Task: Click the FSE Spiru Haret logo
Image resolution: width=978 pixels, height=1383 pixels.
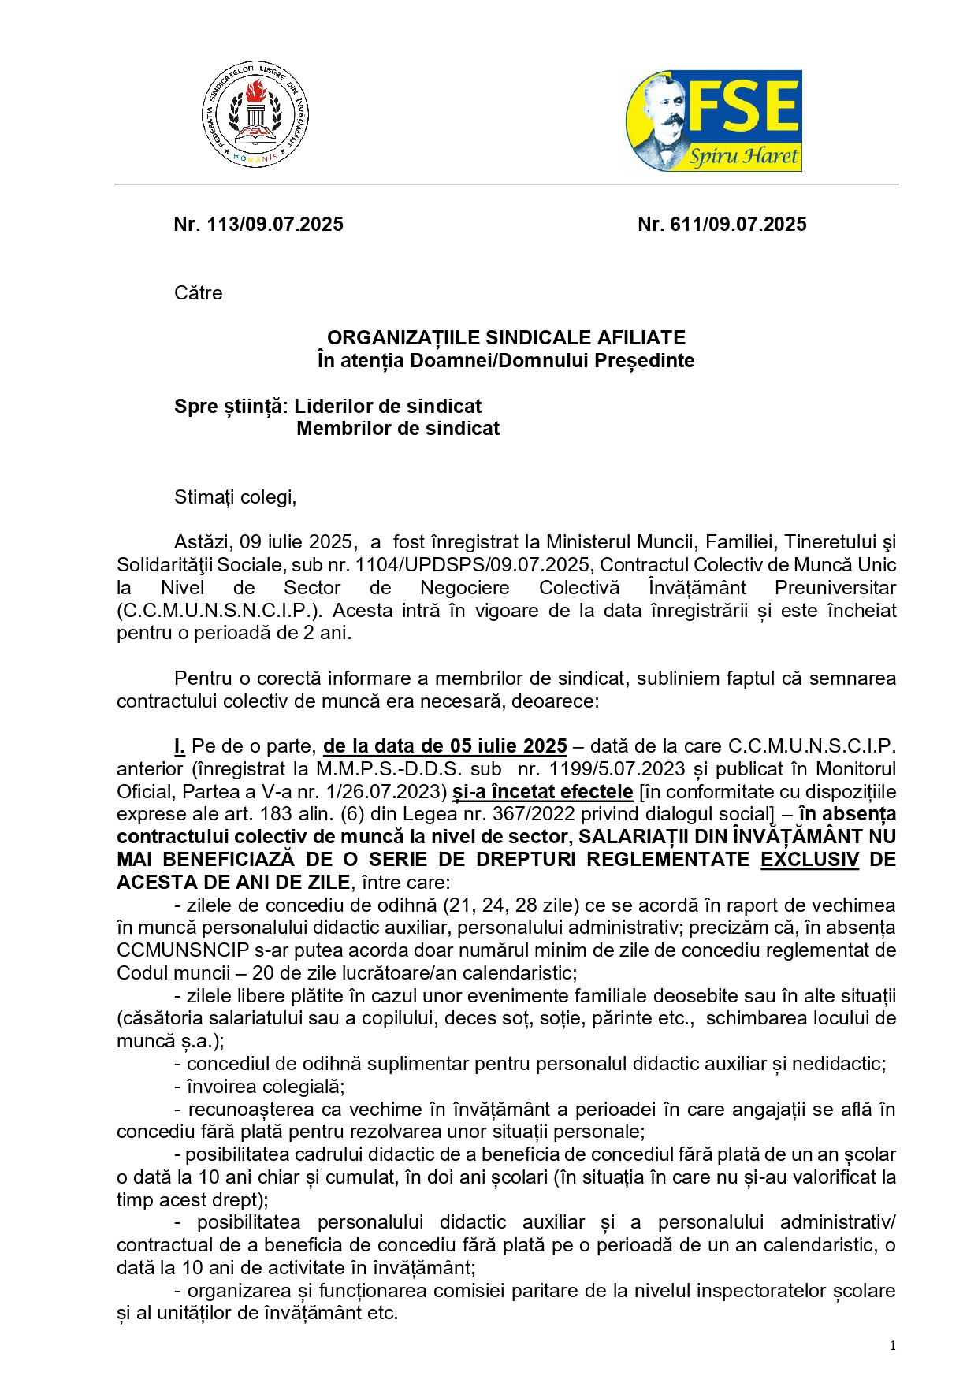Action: click(x=713, y=121)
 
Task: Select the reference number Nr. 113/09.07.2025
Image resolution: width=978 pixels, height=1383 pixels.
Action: click(x=258, y=225)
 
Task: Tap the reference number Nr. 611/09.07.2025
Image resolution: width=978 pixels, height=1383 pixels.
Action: click(x=722, y=225)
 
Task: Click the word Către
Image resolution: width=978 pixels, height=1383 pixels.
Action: click(x=199, y=293)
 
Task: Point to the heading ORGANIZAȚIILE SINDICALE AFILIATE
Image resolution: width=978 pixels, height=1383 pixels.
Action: click(x=506, y=338)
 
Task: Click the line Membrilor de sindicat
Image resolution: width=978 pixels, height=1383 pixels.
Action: click(x=398, y=429)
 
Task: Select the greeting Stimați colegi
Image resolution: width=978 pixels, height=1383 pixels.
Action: click(x=235, y=497)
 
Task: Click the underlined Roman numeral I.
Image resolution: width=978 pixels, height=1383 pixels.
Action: click(x=180, y=746)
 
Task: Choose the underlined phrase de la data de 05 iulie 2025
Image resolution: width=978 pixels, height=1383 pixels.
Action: click(x=445, y=746)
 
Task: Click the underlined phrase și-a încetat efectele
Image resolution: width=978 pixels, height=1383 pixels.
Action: click(x=543, y=792)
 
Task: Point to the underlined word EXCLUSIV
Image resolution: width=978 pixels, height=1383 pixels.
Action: click(x=809, y=860)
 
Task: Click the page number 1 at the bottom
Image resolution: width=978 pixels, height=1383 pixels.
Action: click(x=893, y=1346)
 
